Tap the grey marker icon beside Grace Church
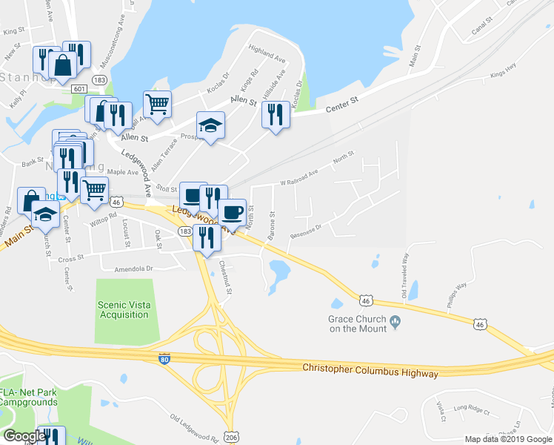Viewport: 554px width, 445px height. tap(395, 321)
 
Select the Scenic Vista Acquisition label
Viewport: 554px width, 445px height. tap(123, 309)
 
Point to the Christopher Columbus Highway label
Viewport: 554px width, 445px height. tap(370, 369)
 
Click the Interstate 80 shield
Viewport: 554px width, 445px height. tap(164, 359)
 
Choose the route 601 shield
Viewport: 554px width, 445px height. tap(79, 88)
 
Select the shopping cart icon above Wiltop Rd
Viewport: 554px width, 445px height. tap(94, 191)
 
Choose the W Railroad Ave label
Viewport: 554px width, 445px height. tap(298, 177)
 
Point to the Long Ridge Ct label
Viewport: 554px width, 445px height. tap(472, 407)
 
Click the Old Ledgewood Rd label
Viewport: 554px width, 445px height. tap(191, 428)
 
